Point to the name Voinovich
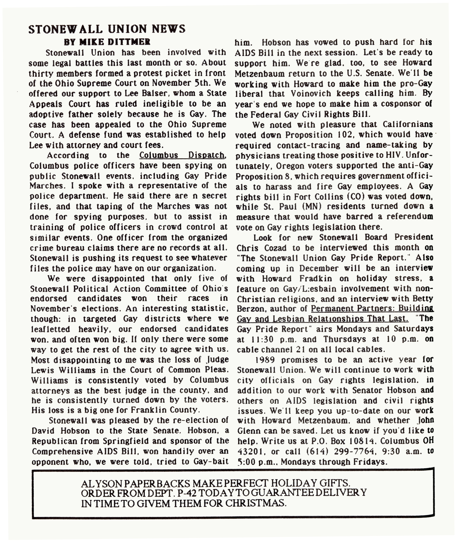point(311,93)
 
